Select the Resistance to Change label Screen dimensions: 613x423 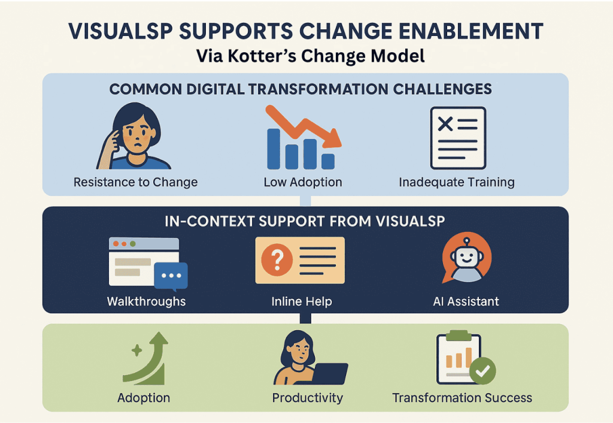tap(136, 182)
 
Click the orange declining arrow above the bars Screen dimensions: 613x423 tap(303, 125)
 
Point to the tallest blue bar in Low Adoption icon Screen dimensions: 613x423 tap(274, 149)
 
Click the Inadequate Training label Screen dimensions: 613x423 tap(457, 182)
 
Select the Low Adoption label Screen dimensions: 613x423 tap(303, 182)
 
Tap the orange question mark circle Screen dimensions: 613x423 tap(277, 259)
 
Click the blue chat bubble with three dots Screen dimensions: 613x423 tap(171, 276)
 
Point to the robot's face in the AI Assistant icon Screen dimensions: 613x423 tap(466, 258)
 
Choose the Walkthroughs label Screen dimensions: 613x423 tap(146, 301)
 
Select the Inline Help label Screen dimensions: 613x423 tap(302, 301)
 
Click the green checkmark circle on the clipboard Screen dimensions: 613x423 tap(482, 370)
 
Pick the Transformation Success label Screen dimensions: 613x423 tap(462, 398)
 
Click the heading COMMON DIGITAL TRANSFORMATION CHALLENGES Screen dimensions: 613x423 tap(301, 89)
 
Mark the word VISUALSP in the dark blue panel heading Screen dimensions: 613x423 tap(410, 222)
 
